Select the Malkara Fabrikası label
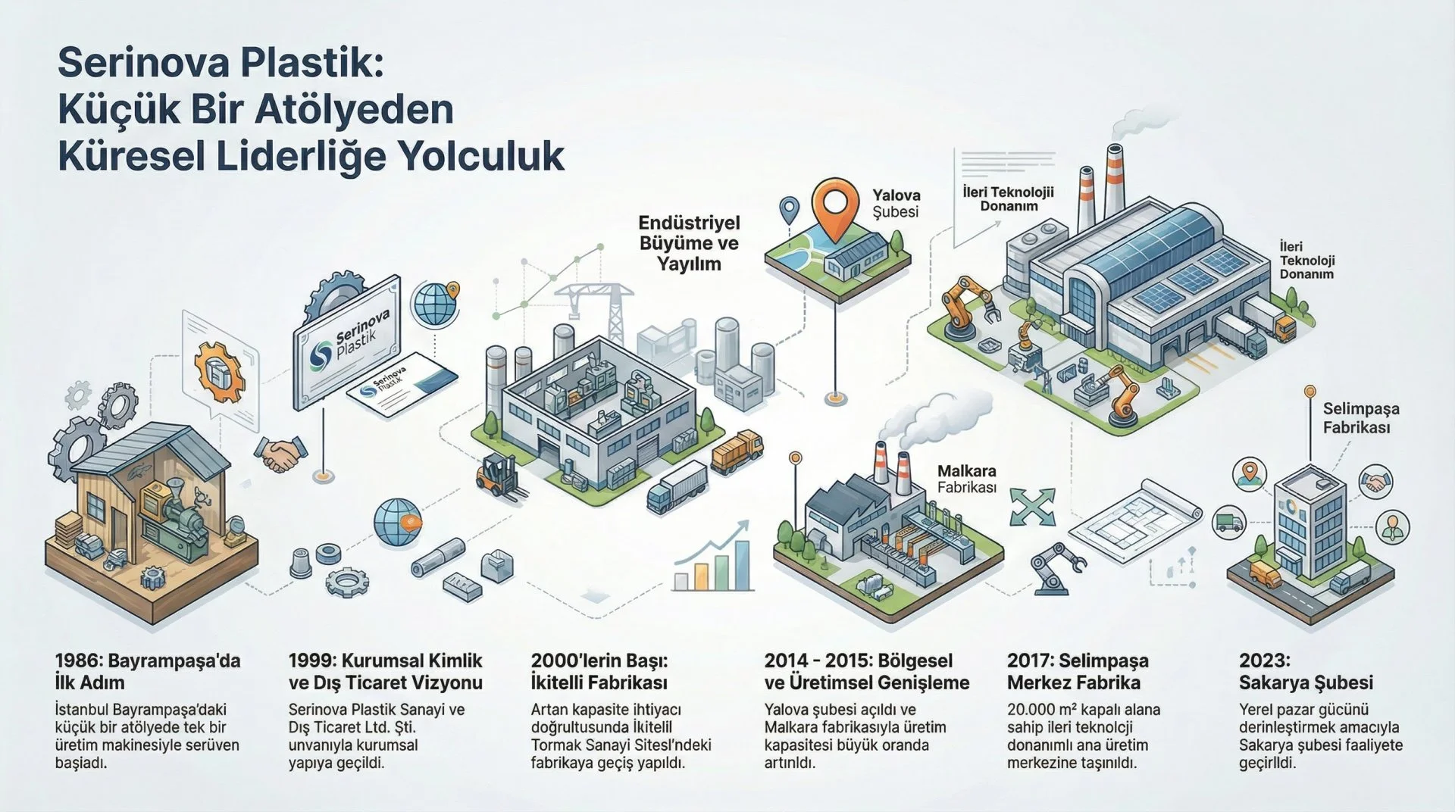[966, 479]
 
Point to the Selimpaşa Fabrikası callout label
[1361, 418]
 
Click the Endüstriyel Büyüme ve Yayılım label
[689, 243]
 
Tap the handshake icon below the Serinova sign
[278, 454]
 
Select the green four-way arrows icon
[1032, 507]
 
